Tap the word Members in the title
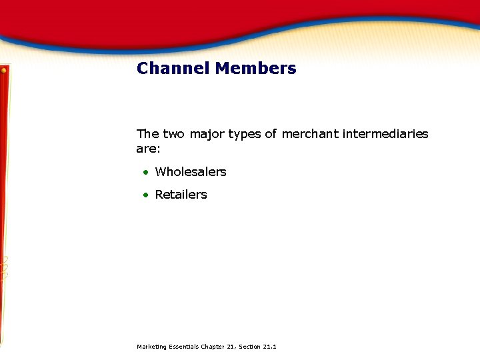[255, 68]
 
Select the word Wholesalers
[191, 172]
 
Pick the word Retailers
[181, 195]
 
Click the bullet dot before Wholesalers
[145, 173]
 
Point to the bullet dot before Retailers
[145, 195]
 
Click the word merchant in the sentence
[310, 134]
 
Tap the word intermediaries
[385, 134]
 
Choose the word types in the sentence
[245, 135]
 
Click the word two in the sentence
[174, 134]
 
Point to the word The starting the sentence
[147, 134]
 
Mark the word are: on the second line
[148, 147]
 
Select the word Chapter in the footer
[212, 347]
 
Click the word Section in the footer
[249, 347]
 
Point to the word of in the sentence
[270, 134]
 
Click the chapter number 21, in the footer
[231, 347]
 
